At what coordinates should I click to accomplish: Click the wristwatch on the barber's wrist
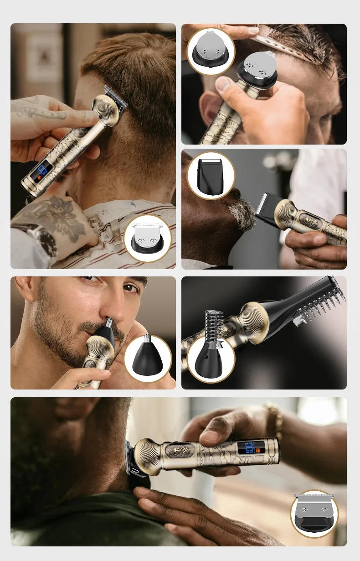click(x=46, y=239)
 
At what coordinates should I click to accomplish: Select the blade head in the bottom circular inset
click(x=314, y=513)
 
